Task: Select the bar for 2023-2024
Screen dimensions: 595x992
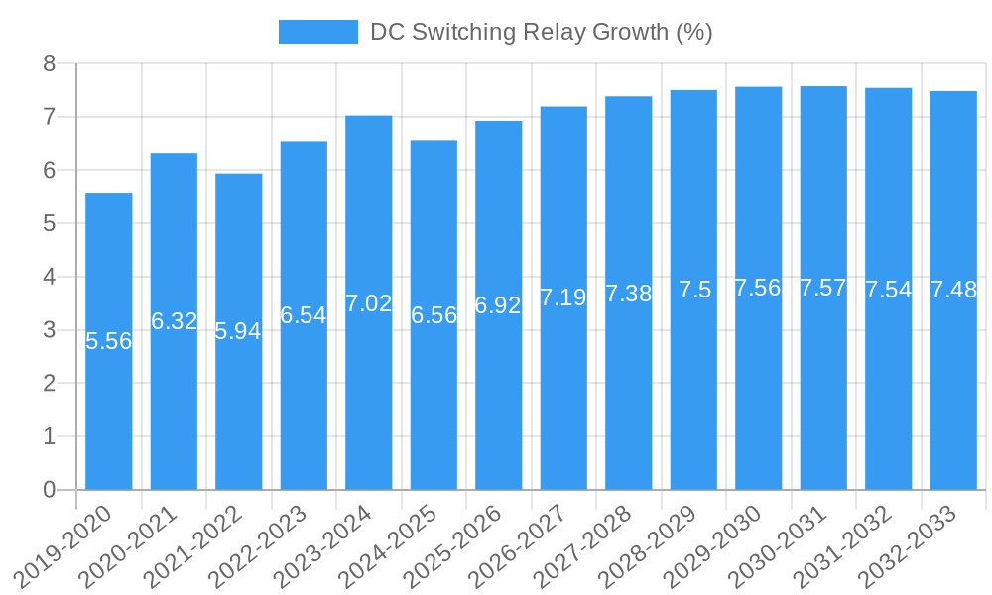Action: point(369,397)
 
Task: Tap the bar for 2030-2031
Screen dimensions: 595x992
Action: point(823,397)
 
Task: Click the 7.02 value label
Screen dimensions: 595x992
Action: point(369,303)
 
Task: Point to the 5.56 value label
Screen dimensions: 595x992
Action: point(109,341)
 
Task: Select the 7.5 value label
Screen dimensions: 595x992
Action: point(694,290)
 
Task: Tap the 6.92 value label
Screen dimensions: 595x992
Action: point(498,305)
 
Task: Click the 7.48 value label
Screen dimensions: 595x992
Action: point(953,291)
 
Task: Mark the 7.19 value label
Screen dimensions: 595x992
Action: point(563,297)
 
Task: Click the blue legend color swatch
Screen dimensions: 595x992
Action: point(317,32)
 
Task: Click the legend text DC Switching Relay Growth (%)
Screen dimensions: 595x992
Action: point(541,32)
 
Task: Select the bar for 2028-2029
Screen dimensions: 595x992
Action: point(693,397)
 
